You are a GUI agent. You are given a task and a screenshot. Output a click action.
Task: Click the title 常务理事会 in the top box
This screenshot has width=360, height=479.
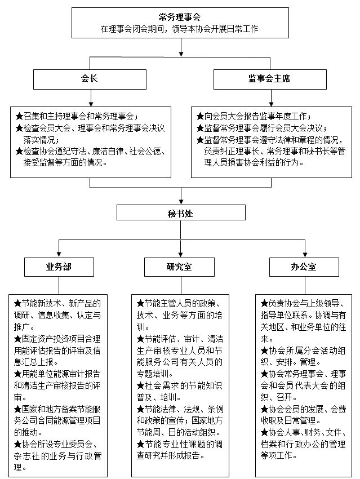click(x=180, y=17)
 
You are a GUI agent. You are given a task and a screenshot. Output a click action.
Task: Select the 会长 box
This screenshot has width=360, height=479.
click(x=90, y=79)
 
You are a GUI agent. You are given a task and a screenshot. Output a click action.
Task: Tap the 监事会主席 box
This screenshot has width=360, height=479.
click(x=270, y=79)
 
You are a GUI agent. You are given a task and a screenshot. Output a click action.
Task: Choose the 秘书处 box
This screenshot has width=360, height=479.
click(x=181, y=212)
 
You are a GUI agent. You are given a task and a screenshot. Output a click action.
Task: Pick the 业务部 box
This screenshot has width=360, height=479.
click(x=59, y=267)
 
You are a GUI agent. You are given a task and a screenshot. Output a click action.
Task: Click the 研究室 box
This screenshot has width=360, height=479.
click(x=179, y=267)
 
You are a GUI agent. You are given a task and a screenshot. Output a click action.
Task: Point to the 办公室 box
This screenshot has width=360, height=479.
click(x=304, y=267)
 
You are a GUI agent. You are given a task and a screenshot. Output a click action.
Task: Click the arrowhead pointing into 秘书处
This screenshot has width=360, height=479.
click(x=181, y=202)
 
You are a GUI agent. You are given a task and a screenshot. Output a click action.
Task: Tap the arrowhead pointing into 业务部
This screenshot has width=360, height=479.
click(x=59, y=254)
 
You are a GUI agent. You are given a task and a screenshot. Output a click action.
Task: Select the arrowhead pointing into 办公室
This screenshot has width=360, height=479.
click(x=305, y=254)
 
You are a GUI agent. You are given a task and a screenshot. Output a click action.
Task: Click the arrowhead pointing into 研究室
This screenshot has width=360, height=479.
click(x=181, y=254)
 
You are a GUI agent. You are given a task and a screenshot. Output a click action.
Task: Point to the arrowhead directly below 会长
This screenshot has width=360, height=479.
click(x=91, y=104)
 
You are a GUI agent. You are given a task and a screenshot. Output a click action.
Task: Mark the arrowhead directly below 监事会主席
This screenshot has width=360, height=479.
click(x=271, y=104)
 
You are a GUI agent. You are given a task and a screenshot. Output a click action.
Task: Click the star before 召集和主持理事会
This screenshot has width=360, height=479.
click(x=19, y=117)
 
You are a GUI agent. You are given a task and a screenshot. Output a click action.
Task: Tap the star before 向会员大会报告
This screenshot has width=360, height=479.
click(x=200, y=117)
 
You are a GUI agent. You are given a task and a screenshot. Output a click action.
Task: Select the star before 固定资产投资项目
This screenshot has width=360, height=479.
click(x=17, y=339)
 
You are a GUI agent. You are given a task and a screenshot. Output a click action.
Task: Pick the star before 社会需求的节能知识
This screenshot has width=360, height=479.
click(x=140, y=386)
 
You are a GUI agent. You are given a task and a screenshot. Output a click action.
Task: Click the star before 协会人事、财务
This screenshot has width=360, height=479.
click(x=264, y=433)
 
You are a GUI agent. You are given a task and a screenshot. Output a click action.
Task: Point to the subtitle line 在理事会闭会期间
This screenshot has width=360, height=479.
click(x=180, y=29)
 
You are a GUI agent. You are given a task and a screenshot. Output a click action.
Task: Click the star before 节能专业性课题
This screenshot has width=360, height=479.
click(x=140, y=445)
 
